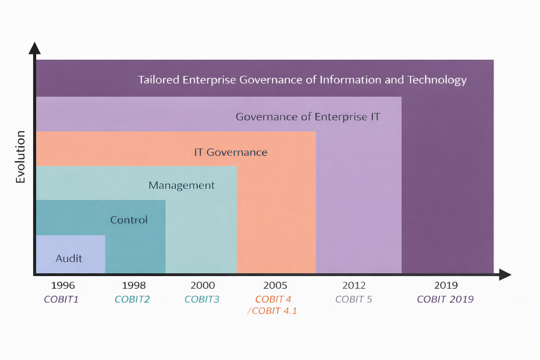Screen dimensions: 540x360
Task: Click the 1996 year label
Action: tap(63, 285)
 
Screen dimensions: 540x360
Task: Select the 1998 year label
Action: tap(134, 285)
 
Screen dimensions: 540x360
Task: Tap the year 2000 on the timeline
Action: tap(203, 285)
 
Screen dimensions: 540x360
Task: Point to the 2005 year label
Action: tap(275, 285)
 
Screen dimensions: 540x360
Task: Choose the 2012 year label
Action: tap(354, 285)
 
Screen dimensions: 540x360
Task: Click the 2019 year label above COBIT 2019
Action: tap(446, 285)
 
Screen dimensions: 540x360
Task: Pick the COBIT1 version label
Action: tap(61, 299)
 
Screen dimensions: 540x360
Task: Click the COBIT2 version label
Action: tap(132, 299)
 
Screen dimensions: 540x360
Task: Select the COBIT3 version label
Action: tap(202, 299)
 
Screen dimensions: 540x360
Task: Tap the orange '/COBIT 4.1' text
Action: tap(272, 311)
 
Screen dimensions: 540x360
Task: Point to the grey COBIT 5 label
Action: tap(354, 299)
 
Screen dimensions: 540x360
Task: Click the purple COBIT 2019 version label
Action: tap(445, 299)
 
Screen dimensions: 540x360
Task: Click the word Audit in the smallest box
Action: tap(69, 258)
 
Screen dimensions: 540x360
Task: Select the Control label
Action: tap(129, 220)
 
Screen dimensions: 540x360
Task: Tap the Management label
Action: tap(181, 186)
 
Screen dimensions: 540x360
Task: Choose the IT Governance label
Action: tap(231, 152)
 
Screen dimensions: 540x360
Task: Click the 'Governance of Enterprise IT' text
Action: tap(308, 117)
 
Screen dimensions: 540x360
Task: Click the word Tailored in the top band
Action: tap(158, 80)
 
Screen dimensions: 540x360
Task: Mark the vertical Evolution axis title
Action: tap(21, 157)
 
